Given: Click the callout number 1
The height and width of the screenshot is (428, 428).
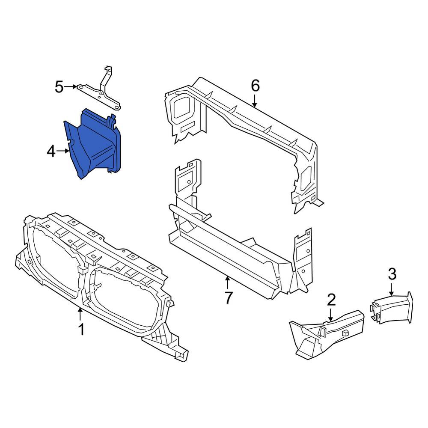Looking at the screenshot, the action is coord(81,329).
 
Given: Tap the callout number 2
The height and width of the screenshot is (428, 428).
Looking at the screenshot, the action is coord(331,300).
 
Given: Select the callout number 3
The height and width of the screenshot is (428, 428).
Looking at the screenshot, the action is coord(392,274).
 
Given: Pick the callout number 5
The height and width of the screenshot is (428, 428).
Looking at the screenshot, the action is coord(59,87).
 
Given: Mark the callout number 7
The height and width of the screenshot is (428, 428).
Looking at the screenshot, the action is coord(228,298).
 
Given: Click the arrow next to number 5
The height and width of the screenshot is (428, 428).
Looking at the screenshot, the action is coord(71,87).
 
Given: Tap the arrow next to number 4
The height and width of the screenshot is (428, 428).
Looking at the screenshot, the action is coord(63,151).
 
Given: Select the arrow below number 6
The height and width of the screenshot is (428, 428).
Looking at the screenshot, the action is coord(254,101).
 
